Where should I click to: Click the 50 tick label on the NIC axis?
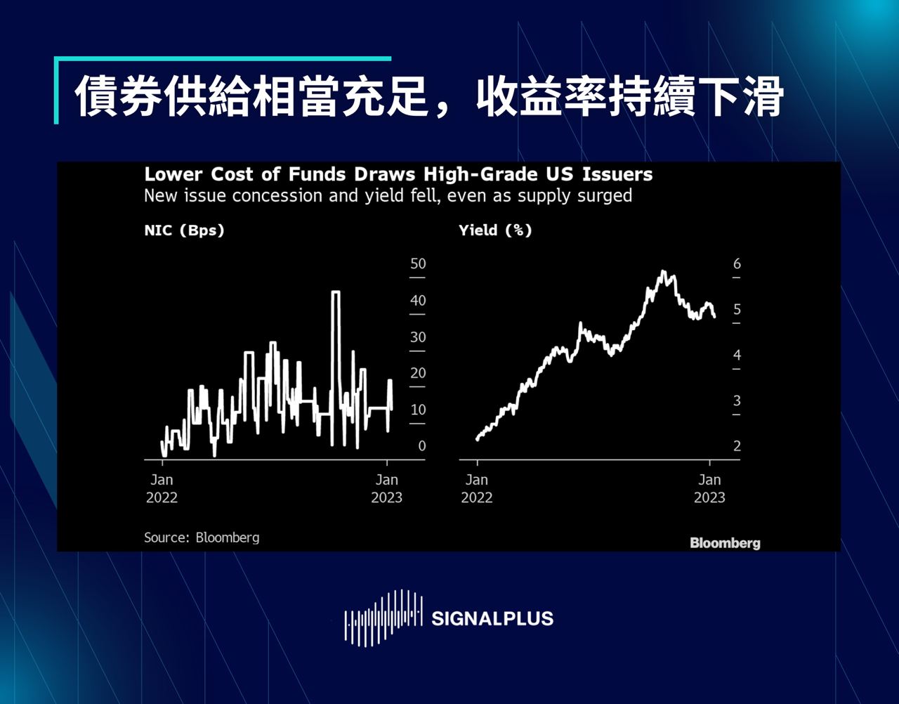click(418, 264)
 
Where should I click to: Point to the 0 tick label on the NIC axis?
click(421, 446)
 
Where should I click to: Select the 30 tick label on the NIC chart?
click(418, 337)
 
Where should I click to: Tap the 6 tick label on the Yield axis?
click(737, 264)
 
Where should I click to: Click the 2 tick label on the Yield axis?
click(737, 446)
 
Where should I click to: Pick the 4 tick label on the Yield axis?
click(737, 356)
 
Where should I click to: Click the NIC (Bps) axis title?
click(184, 230)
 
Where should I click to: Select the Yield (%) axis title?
click(495, 230)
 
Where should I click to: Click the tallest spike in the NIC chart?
click(336, 292)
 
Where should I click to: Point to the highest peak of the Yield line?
click(662, 272)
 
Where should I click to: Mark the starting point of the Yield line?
click(478, 439)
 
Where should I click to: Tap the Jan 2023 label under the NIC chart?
click(386, 488)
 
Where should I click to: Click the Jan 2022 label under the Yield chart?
click(477, 488)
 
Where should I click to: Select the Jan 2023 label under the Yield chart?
click(709, 488)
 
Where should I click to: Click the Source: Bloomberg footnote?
click(202, 537)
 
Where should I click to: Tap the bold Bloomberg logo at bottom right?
click(725, 542)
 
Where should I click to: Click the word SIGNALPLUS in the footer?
click(492, 619)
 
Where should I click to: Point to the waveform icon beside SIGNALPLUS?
click(383, 618)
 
